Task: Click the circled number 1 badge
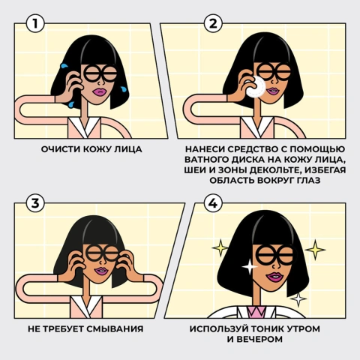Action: [x=35, y=24]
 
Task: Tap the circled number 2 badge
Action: [x=213, y=24]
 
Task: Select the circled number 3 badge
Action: [x=35, y=203]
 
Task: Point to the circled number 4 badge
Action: [x=213, y=203]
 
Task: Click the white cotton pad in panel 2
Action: [x=256, y=86]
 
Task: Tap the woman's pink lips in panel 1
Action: [x=100, y=91]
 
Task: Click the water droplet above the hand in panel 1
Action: [x=64, y=66]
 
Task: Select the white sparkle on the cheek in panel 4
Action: [x=249, y=267]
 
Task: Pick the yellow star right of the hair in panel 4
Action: [x=315, y=249]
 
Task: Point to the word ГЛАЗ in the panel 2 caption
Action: [x=307, y=180]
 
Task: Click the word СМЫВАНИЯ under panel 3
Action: [x=115, y=328]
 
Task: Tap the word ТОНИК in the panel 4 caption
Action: [x=266, y=328]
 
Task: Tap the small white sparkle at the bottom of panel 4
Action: [x=298, y=298]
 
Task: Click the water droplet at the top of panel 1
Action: [x=64, y=66]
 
